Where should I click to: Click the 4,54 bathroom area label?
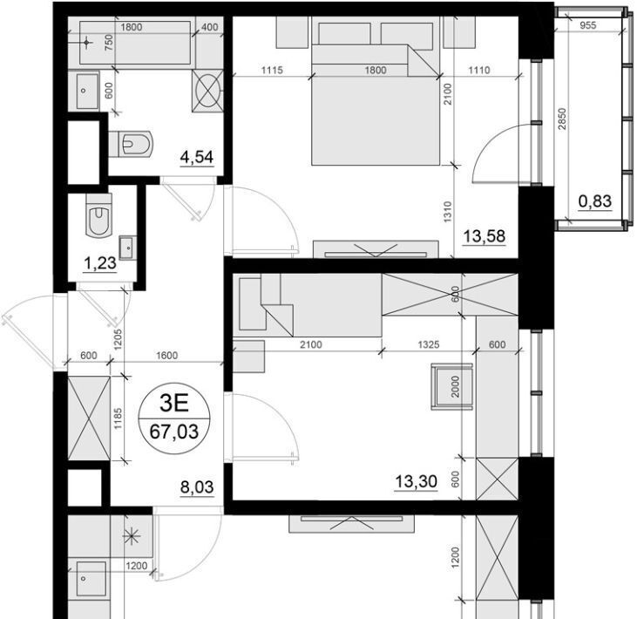pos(197,157)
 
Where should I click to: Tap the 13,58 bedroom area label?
pos(485,237)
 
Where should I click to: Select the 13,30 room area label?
pos(416,481)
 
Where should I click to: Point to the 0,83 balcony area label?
pos(594,201)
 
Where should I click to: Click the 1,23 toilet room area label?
pos(100,263)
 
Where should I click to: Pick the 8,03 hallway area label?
pos(197,487)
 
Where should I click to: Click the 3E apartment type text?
pos(174,404)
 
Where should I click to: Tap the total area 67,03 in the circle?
pos(174,432)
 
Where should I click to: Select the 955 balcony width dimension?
pos(587,25)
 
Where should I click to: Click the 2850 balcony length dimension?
pos(562,119)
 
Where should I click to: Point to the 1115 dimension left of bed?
pos(272,71)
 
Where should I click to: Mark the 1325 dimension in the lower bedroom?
pos(429,344)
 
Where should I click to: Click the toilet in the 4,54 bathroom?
pos(132,144)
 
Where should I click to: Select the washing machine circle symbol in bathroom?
pos(207,91)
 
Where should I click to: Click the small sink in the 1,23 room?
pos(128,248)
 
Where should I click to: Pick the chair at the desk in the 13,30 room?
pos(451,386)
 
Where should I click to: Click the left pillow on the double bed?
pos(344,34)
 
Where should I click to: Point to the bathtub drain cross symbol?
pos(86,43)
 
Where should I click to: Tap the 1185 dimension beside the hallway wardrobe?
pos(119,418)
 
